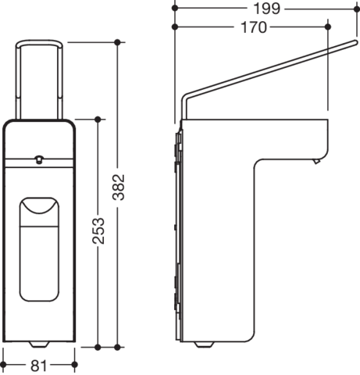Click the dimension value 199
pos(266,9)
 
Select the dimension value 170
pos(254,27)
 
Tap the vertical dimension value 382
pos(119,187)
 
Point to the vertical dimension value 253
pos(98,231)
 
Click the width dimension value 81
pos(38,366)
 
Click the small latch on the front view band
pos(39,159)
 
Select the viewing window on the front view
pos(39,249)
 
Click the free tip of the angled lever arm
pos(355,42)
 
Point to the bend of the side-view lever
pos(186,96)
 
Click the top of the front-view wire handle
pos(39,42)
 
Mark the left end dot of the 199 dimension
pos(175,8)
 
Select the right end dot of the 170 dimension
pos(328,27)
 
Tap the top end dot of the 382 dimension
pos(117,42)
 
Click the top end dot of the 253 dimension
pos(98,120)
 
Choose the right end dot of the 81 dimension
pos(75,365)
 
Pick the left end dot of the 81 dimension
pos(3,365)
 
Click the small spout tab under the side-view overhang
pos(316,161)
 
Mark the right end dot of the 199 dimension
pos(357,9)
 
